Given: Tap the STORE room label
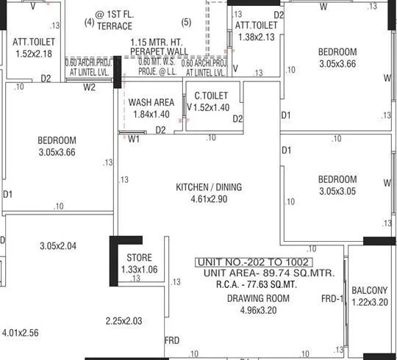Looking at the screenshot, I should click(x=139, y=258).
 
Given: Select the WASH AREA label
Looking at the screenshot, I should click(x=151, y=103).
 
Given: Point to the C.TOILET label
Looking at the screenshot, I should click(x=211, y=96).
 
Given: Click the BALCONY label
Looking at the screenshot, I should click(x=369, y=290).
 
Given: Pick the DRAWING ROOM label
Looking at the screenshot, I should click(x=257, y=298).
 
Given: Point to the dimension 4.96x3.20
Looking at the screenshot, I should click(x=257, y=310).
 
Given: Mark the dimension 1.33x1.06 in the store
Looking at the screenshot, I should click(x=139, y=270).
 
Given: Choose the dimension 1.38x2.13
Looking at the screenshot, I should click(x=256, y=37).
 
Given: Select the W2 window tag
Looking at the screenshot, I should click(x=89, y=87).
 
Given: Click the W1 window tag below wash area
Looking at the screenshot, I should click(x=134, y=138).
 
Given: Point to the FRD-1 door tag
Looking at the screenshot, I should click(x=332, y=299).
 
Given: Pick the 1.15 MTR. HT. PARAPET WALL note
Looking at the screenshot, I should click(x=157, y=47).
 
